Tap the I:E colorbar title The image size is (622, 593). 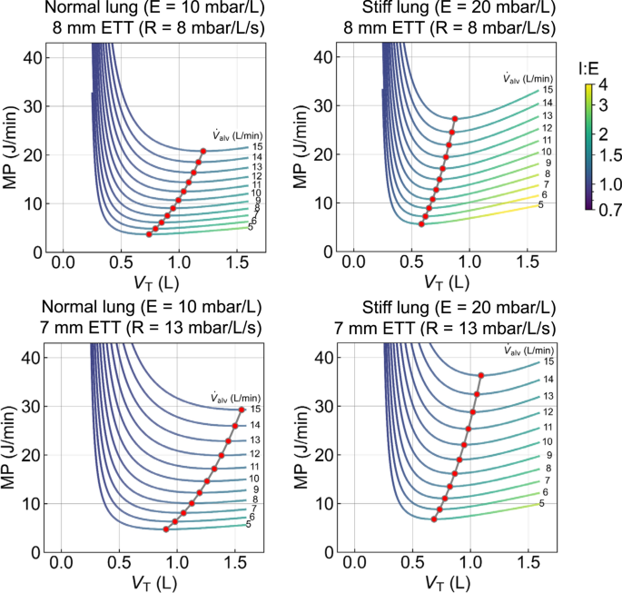tap(589, 66)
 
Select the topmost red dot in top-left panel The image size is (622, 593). tap(203, 151)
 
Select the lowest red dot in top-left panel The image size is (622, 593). tap(149, 234)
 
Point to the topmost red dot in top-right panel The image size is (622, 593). tap(455, 118)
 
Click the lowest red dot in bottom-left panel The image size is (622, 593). tap(165, 529)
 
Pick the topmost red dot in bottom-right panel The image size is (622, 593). tap(481, 375)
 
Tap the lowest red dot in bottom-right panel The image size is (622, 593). tap(434, 519)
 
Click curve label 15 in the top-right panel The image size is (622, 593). tap(548, 90)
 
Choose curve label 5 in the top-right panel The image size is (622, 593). tap(542, 206)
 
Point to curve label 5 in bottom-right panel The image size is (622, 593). tap(542, 503)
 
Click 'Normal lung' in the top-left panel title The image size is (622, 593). tap(77, 10)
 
